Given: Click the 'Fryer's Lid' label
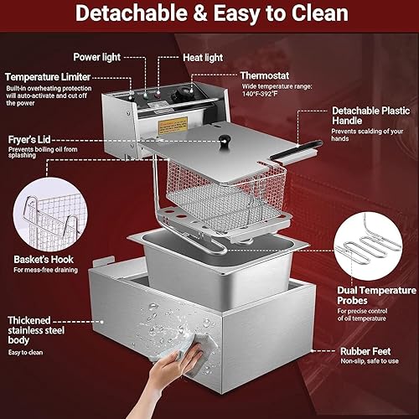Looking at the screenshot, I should (x=32, y=140).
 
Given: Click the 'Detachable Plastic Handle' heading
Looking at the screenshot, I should (x=365, y=116).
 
